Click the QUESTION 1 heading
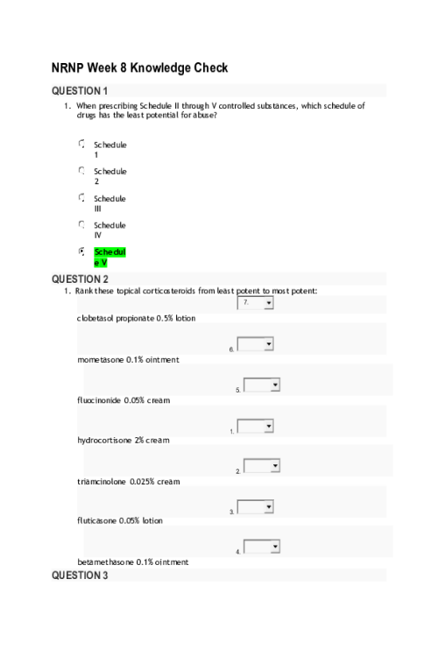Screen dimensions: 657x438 point(80,90)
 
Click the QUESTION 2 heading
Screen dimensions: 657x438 point(80,279)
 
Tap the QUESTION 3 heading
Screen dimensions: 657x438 point(80,575)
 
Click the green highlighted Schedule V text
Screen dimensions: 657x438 point(109,257)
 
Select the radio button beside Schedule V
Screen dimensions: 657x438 point(81,251)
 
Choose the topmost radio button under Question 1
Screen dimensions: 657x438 point(81,143)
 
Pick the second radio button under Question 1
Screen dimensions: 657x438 point(81,170)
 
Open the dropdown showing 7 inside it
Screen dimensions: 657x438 point(256,302)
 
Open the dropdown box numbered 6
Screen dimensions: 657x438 point(256,344)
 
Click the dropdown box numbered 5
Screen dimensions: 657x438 point(262,385)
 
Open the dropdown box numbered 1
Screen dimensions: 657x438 point(256,426)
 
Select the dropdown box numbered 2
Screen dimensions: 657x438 point(262,466)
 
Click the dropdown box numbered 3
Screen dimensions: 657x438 point(256,506)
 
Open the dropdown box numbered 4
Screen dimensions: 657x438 point(262,547)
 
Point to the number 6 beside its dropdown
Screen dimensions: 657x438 point(231,349)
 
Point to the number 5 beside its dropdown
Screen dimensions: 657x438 point(237,390)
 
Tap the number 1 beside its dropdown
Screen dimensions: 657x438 point(231,431)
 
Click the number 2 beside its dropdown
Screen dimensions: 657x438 point(237,471)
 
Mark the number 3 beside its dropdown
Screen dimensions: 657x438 point(231,512)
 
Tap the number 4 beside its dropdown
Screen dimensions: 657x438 point(237,552)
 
